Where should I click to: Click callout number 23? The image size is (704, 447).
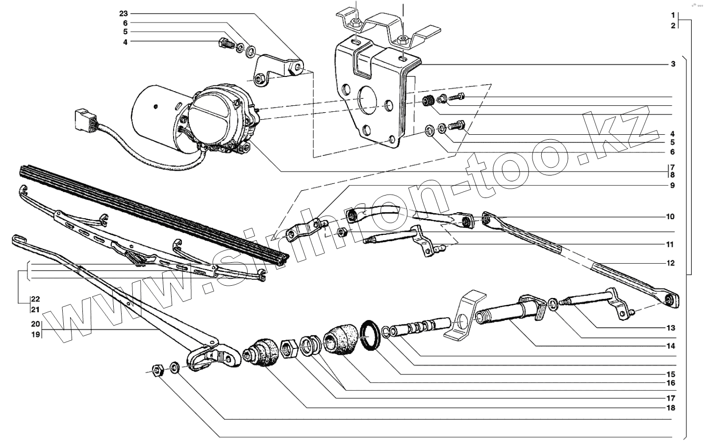[123, 13]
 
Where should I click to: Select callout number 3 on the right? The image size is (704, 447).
[673, 64]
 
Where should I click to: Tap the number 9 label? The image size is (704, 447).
[673, 186]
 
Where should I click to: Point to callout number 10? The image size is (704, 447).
[670, 217]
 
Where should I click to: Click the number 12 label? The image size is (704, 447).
[670, 263]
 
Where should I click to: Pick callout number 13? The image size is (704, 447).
[670, 328]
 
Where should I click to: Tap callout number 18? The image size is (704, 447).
[670, 408]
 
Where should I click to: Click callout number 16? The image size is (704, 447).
[670, 383]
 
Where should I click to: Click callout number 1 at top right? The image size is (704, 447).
[673, 15]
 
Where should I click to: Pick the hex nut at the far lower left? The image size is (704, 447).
[158, 369]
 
